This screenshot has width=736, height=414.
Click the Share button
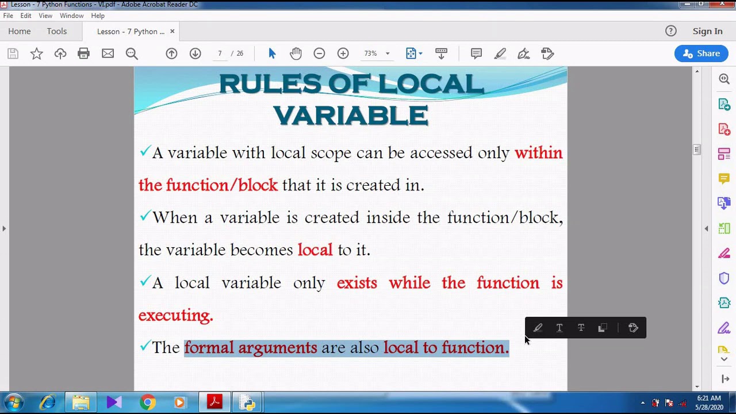(x=701, y=53)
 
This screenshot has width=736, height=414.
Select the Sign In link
(x=707, y=32)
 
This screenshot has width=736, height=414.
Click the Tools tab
(x=57, y=32)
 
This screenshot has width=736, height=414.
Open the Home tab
(x=20, y=32)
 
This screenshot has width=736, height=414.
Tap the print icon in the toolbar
(x=84, y=53)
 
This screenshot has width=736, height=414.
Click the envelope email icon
(x=108, y=53)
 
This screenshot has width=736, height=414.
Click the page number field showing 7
(x=220, y=53)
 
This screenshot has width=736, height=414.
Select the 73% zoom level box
(x=371, y=53)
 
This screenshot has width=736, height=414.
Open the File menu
(x=8, y=16)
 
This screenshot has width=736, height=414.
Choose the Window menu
(x=71, y=16)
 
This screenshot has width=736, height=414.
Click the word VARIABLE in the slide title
(x=350, y=116)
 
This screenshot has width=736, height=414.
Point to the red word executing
(x=175, y=315)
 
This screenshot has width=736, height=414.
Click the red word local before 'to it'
(x=315, y=250)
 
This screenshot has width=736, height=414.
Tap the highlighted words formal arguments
(x=250, y=348)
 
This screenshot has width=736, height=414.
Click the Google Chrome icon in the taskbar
(x=148, y=402)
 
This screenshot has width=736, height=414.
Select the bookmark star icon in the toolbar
(x=37, y=53)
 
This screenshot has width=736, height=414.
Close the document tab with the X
(x=172, y=32)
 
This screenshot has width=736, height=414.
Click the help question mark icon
(x=671, y=32)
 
